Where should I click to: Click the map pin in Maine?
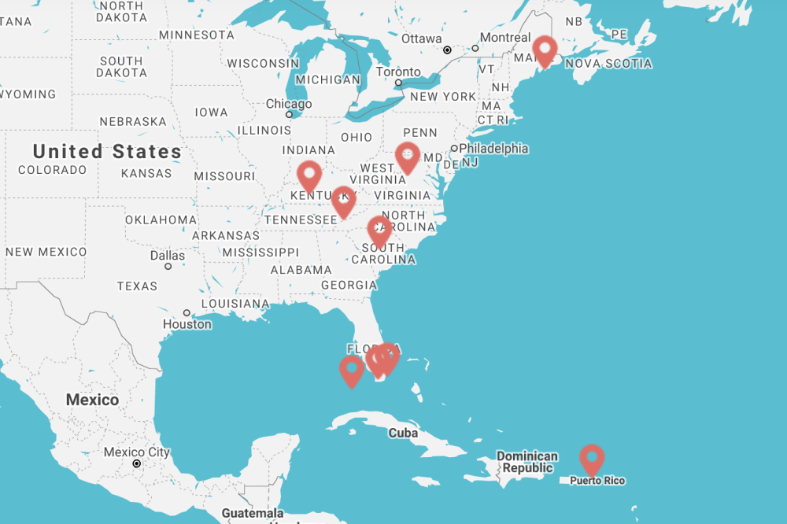(x=545, y=50)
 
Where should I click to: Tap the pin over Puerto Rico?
(x=591, y=458)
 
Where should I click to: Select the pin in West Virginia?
(x=407, y=157)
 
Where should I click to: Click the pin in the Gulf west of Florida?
(x=351, y=370)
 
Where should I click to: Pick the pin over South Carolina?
(x=379, y=231)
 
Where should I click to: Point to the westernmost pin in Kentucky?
(x=309, y=175)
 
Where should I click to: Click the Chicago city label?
(x=288, y=104)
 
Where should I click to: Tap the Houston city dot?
(x=187, y=312)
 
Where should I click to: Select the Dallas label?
(x=168, y=256)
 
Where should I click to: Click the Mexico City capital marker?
(x=137, y=463)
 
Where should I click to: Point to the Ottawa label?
(x=422, y=39)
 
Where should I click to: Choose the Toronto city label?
(x=397, y=72)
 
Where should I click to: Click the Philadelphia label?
(x=493, y=149)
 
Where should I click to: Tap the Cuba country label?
(x=402, y=433)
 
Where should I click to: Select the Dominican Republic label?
(x=527, y=462)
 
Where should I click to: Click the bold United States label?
(x=107, y=151)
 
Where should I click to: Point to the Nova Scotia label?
(x=608, y=64)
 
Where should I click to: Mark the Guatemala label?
(x=252, y=513)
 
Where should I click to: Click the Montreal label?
(x=505, y=38)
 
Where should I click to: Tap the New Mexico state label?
(x=46, y=252)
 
